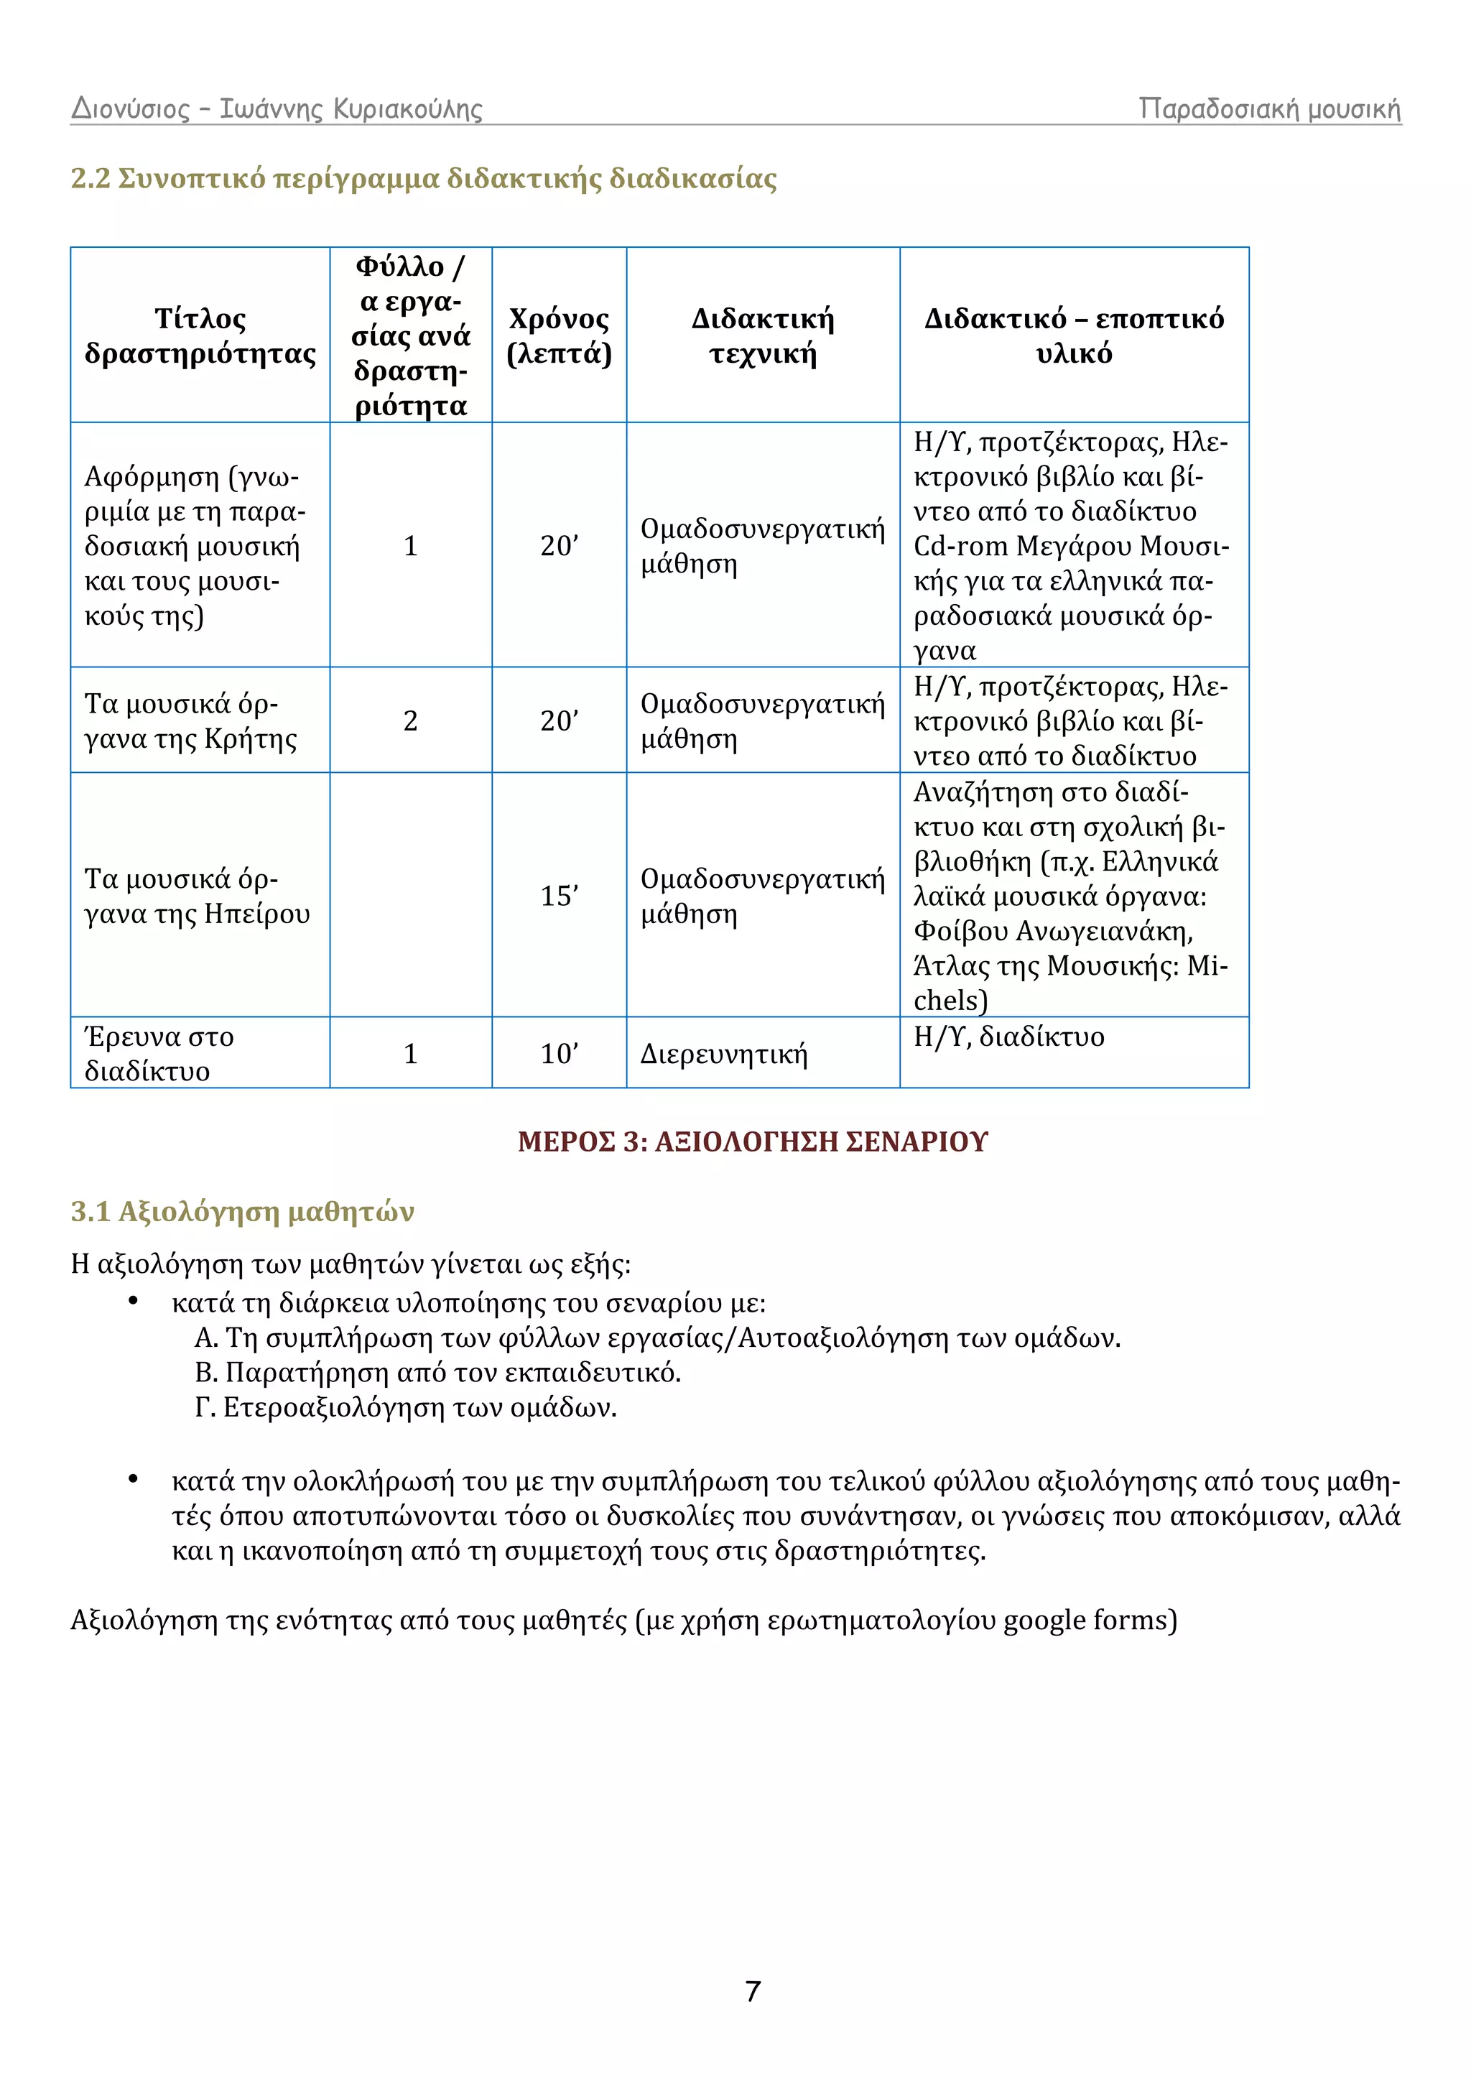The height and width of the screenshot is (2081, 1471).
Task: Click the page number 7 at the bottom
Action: pos(752,1991)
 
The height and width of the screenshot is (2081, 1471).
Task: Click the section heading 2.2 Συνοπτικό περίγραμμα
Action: pos(423,179)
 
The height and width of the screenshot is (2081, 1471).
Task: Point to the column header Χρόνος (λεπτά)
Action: pos(560,335)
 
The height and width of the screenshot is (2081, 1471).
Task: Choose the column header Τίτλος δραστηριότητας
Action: pos(200,335)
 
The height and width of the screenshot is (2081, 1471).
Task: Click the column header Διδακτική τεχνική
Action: pos(762,335)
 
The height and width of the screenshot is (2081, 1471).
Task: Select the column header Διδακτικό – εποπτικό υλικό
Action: pos(1074,335)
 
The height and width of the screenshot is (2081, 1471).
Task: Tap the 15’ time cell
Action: pos(560,896)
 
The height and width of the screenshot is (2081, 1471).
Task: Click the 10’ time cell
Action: pos(560,1053)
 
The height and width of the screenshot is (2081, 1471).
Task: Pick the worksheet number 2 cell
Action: pos(411,720)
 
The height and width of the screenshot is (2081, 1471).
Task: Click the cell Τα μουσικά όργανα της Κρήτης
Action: pos(190,721)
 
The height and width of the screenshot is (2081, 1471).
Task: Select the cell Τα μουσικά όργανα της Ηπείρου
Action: pos(197,896)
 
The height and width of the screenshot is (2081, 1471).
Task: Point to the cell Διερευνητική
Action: pos(723,1053)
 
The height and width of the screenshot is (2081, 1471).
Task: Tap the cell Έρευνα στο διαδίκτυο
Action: pos(159,1053)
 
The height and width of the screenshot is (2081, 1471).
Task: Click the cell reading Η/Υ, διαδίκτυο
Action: pos(1008,1036)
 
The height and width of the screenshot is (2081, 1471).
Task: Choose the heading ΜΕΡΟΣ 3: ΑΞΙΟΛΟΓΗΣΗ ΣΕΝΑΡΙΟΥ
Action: pos(752,1141)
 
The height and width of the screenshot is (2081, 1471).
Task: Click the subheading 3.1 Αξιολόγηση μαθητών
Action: pos(242,1211)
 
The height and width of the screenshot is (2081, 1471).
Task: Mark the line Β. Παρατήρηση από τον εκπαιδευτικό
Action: pos(437,1372)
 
